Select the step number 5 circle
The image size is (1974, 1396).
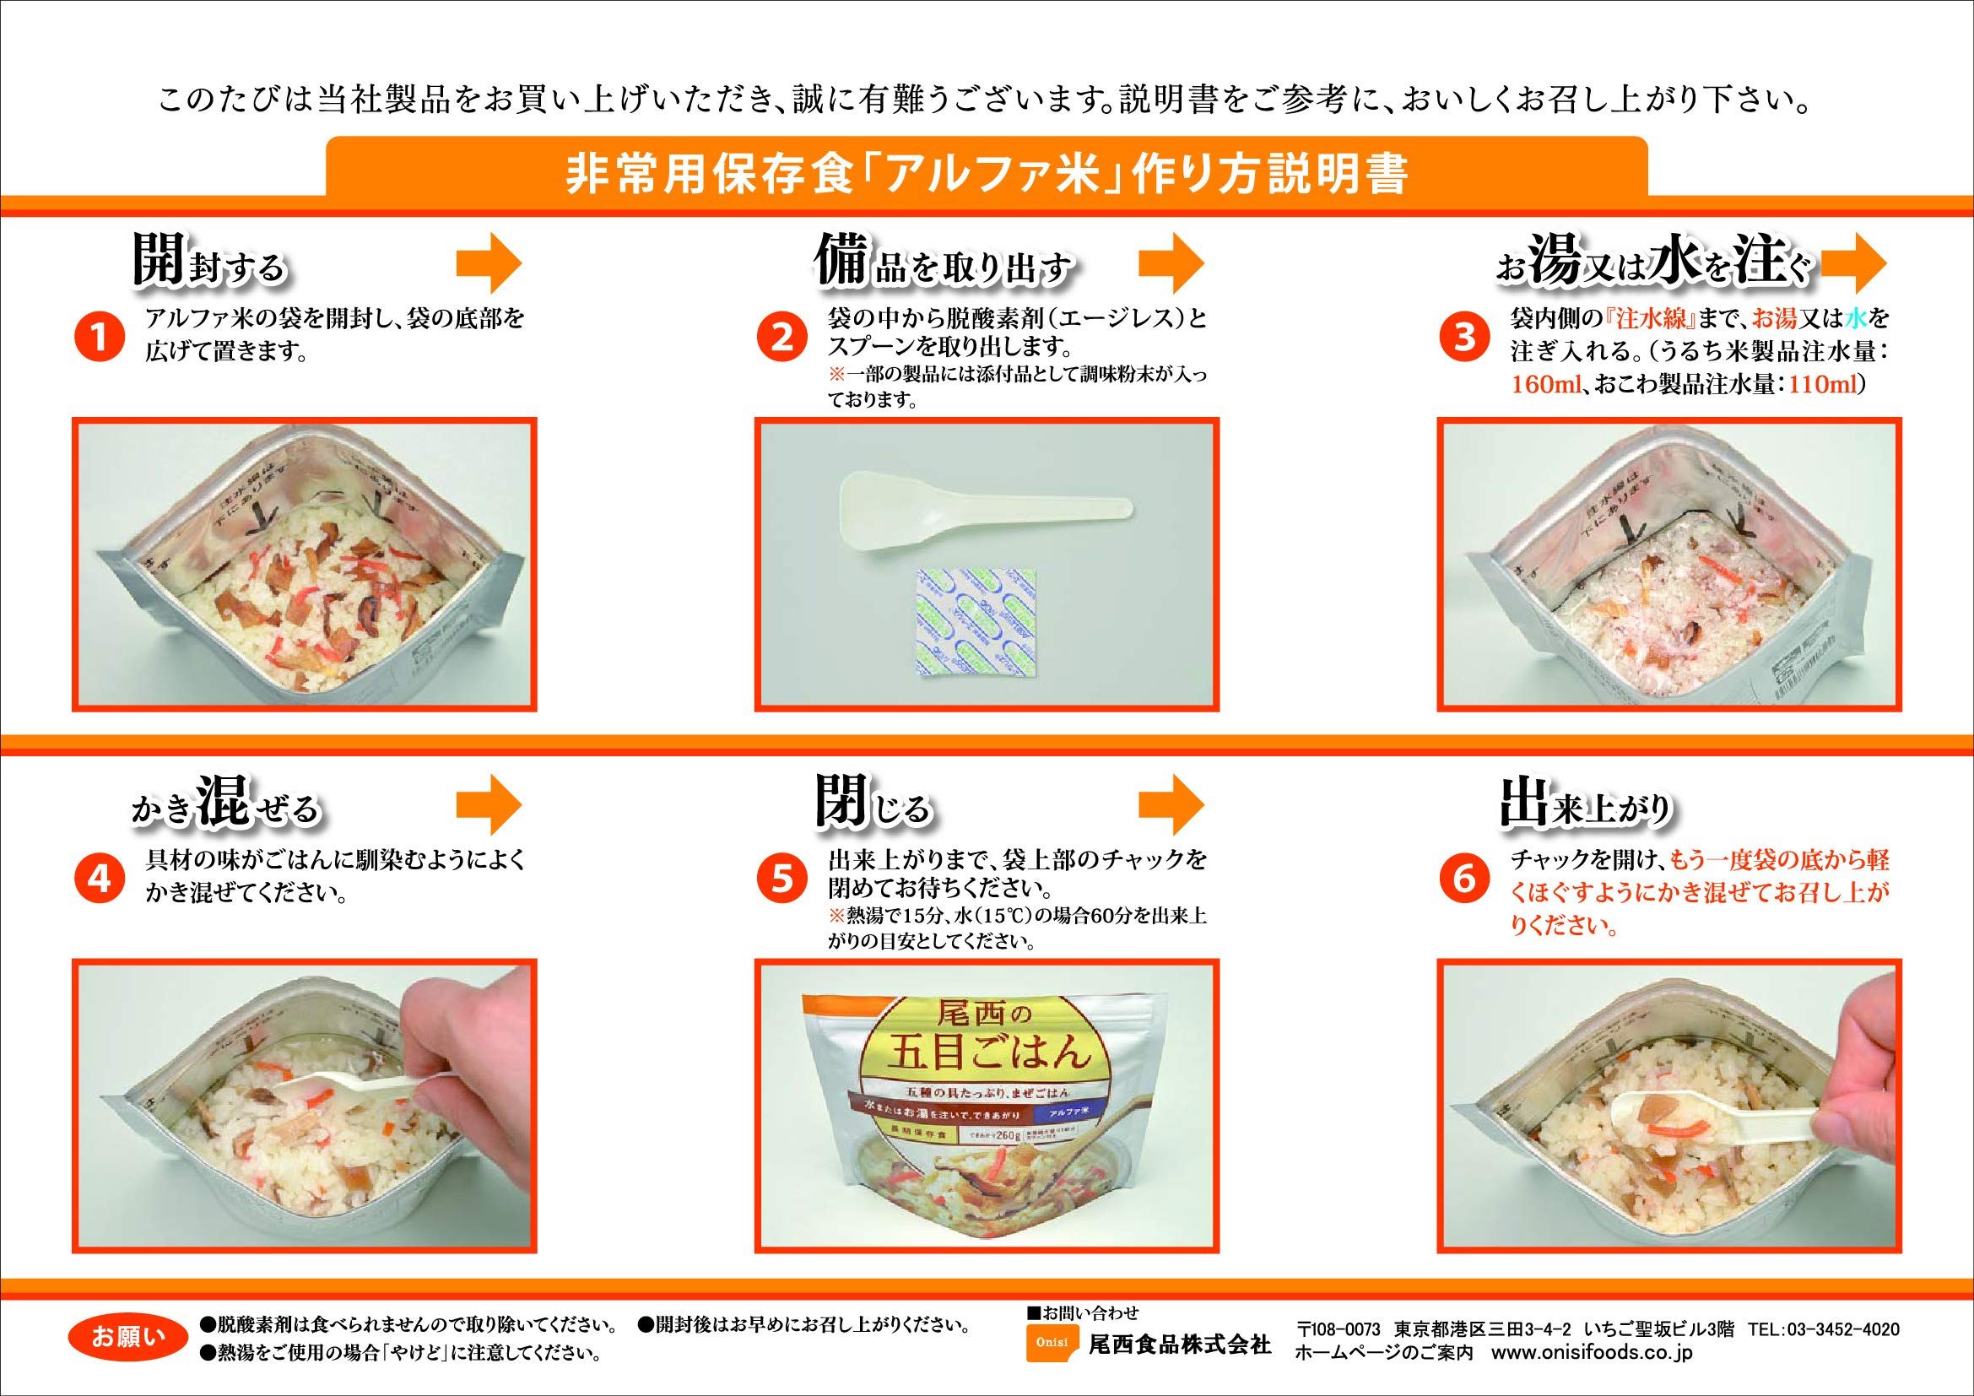pyautogui.click(x=781, y=879)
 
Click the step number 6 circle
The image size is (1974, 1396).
pyautogui.click(x=1463, y=879)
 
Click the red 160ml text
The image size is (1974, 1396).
pyautogui.click(x=1547, y=386)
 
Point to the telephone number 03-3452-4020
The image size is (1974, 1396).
pyautogui.click(x=1825, y=1329)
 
